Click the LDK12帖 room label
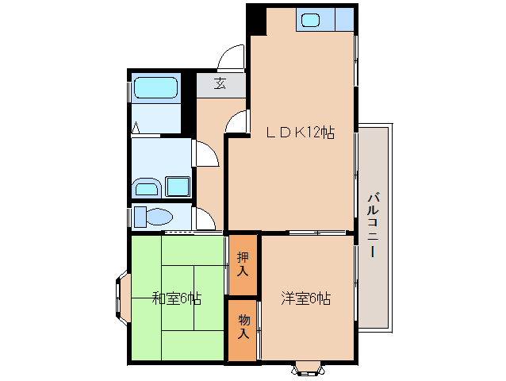click(x=299, y=133)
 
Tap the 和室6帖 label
click(x=176, y=298)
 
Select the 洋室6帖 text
click(x=305, y=298)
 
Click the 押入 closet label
click(x=243, y=264)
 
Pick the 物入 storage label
click(x=243, y=326)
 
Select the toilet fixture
click(x=155, y=217)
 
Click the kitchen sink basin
click(x=311, y=20)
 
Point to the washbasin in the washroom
click(x=146, y=188)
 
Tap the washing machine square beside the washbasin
click(x=178, y=187)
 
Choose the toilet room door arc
click(x=205, y=219)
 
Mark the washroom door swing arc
click(x=205, y=153)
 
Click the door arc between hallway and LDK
click(x=236, y=123)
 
